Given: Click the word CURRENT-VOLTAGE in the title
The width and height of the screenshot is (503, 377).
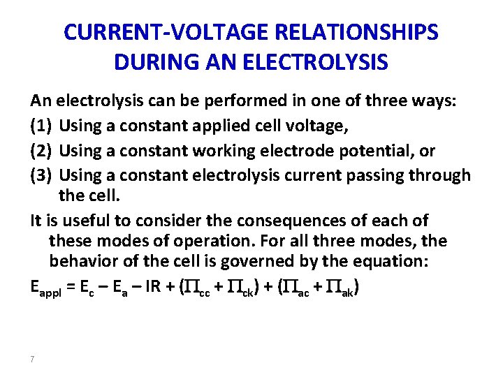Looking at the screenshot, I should point(161,33).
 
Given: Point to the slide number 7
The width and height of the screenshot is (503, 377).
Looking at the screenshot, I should point(33,359).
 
